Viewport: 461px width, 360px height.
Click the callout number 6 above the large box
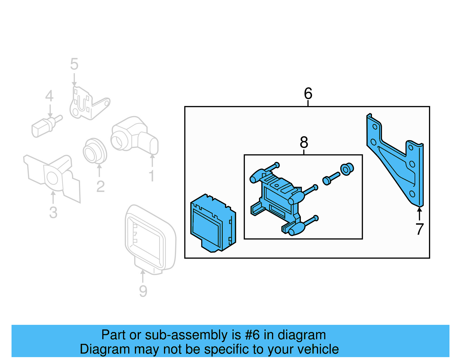pos(308,93)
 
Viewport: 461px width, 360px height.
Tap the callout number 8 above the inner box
pos(304,142)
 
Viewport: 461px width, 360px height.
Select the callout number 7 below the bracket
pos(420,229)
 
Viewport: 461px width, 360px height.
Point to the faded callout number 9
pos(143,291)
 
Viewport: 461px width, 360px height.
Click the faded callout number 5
pos(74,64)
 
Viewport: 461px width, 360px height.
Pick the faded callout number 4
pos(49,96)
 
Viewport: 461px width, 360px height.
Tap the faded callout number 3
pos(53,212)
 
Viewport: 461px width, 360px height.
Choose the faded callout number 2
pos(100,186)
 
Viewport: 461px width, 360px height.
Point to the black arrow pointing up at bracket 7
pos(420,214)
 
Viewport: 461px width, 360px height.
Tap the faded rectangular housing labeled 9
pos(150,239)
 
